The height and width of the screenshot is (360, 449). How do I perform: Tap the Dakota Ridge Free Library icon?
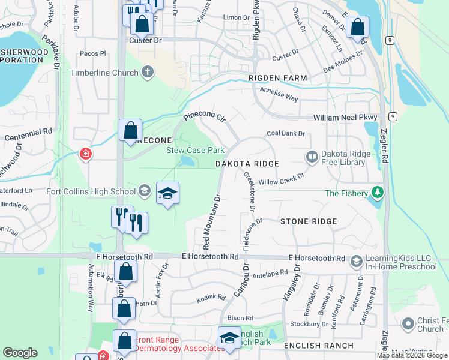point(312,157)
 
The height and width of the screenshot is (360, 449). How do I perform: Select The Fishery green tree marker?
point(378,193)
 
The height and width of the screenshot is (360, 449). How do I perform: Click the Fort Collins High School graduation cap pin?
point(168,193)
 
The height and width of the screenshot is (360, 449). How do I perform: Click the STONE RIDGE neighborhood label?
point(309,221)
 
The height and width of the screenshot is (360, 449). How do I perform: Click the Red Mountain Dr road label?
point(211,220)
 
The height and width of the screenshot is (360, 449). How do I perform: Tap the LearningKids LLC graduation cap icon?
point(356,262)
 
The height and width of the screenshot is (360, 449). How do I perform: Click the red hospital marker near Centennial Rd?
point(86,154)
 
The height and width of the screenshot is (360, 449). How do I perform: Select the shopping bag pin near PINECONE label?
point(130,130)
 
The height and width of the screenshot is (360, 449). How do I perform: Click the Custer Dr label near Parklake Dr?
point(145,40)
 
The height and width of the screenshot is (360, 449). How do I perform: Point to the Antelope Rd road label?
point(271,274)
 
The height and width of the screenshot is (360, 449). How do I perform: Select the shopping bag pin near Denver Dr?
point(357,28)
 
